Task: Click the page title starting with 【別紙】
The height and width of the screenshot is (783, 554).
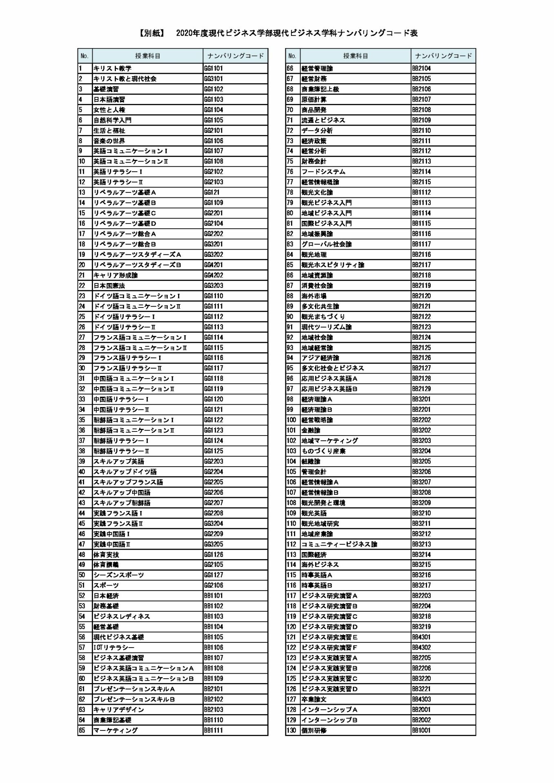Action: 277,33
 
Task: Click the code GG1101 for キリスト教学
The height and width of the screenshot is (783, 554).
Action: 214,69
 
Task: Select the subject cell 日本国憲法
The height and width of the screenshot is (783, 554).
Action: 109,286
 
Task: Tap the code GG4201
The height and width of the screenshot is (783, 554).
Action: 214,265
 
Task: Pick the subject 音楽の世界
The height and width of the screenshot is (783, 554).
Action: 109,141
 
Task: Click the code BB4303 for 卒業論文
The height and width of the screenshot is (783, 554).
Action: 421,699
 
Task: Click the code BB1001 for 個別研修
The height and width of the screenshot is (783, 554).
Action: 421,730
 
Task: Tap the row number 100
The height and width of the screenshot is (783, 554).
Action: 291,420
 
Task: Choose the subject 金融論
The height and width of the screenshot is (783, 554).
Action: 311,430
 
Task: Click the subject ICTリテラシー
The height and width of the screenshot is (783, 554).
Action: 114,648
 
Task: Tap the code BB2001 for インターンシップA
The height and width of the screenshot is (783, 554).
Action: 421,710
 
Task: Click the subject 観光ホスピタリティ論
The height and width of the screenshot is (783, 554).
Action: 333,265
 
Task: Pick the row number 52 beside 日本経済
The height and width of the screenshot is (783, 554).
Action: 82,596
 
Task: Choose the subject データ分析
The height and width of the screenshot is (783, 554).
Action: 317,130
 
